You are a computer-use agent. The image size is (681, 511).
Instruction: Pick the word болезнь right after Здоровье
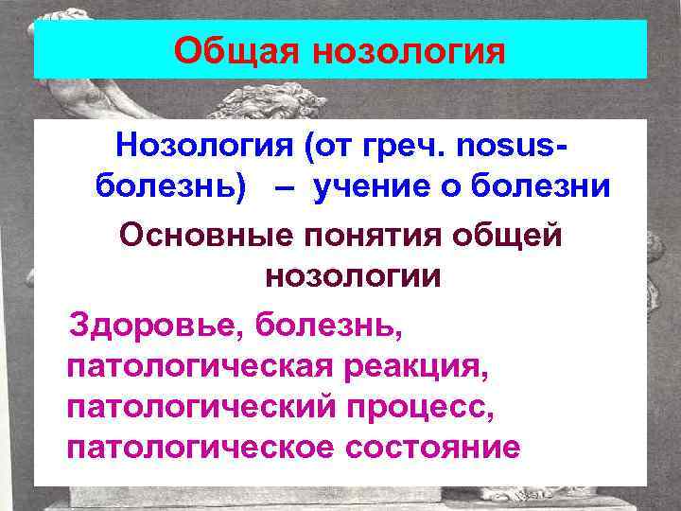coord(322,328)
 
